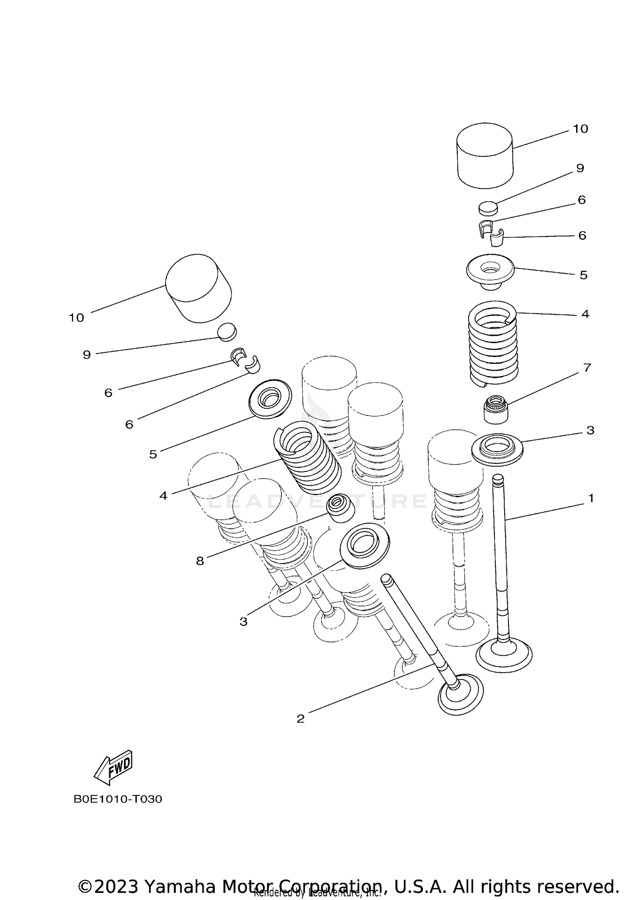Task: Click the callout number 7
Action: pos(587,368)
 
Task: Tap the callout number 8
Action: pos(200,561)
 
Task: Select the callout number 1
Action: pos(591,498)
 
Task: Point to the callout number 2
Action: pos(301,719)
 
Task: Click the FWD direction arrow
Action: pos(113,768)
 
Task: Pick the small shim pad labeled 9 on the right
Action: pos(488,208)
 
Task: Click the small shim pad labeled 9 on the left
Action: pos(227,332)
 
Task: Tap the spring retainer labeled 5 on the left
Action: pos(270,399)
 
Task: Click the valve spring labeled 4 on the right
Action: pos(494,343)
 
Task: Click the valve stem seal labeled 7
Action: pos(496,409)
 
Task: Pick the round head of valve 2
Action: pos(461,695)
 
